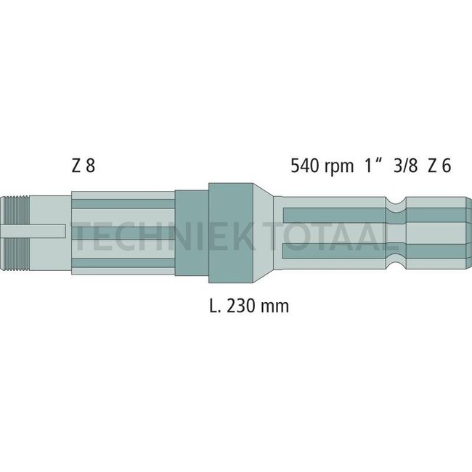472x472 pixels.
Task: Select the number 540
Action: click(x=306, y=166)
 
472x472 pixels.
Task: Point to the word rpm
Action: click(x=341, y=166)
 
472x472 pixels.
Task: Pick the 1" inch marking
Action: click(x=373, y=166)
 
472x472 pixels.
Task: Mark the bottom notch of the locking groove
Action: click(x=395, y=261)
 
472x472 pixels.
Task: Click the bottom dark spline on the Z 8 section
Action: click(x=123, y=264)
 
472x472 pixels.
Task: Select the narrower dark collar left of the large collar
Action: click(x=191, y=232)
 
